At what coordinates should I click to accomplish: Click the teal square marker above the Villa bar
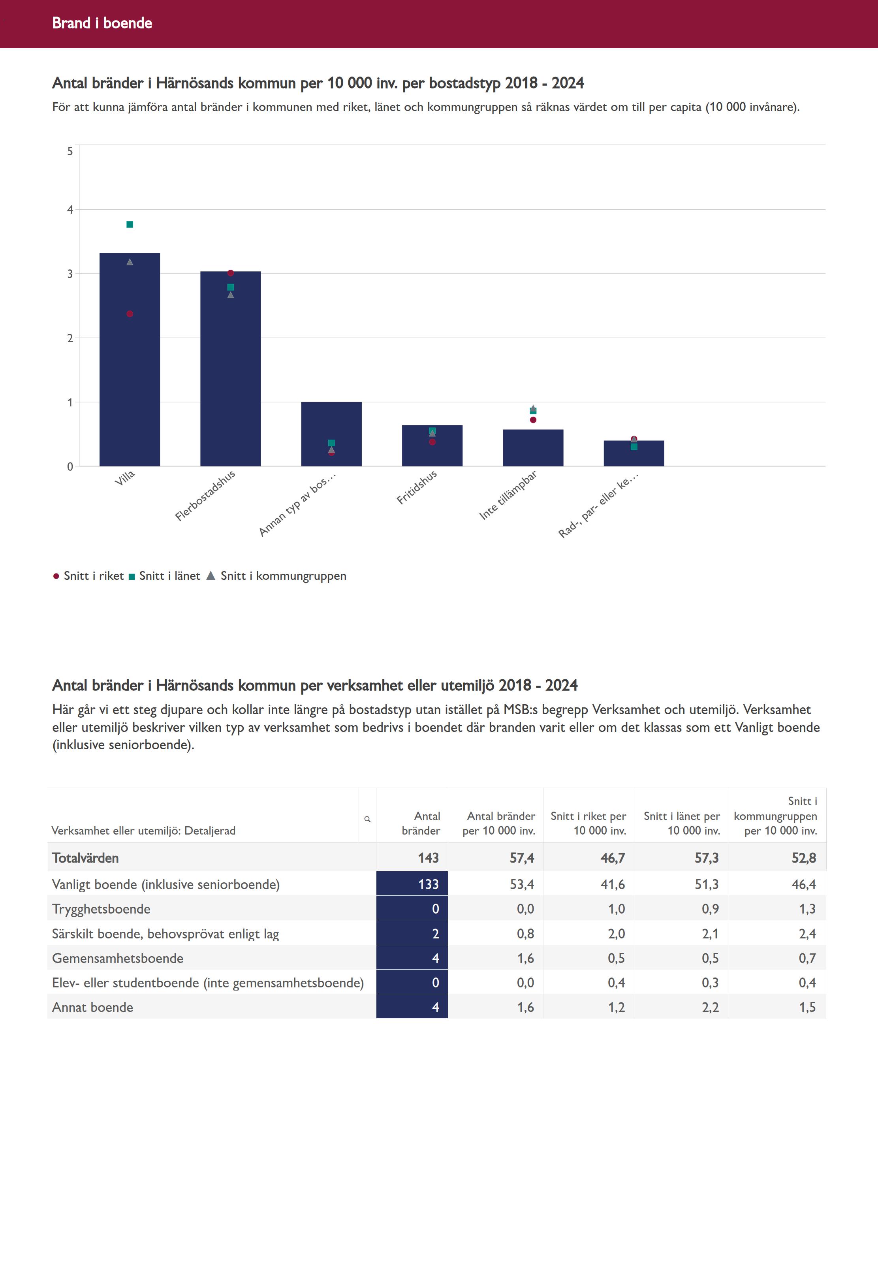[130, 224]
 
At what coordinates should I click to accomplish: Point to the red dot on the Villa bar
[130, 314]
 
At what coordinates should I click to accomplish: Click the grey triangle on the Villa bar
[130, 262]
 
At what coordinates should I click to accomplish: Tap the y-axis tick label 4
[70, 210]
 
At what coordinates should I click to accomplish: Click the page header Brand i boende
[102, 23]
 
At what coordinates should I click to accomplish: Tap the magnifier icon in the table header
[367, 819]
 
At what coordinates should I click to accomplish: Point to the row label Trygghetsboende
[101, 909]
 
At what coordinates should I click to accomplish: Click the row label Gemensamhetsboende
[118, 958]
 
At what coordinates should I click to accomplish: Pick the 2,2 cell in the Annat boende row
[710, 1007]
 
